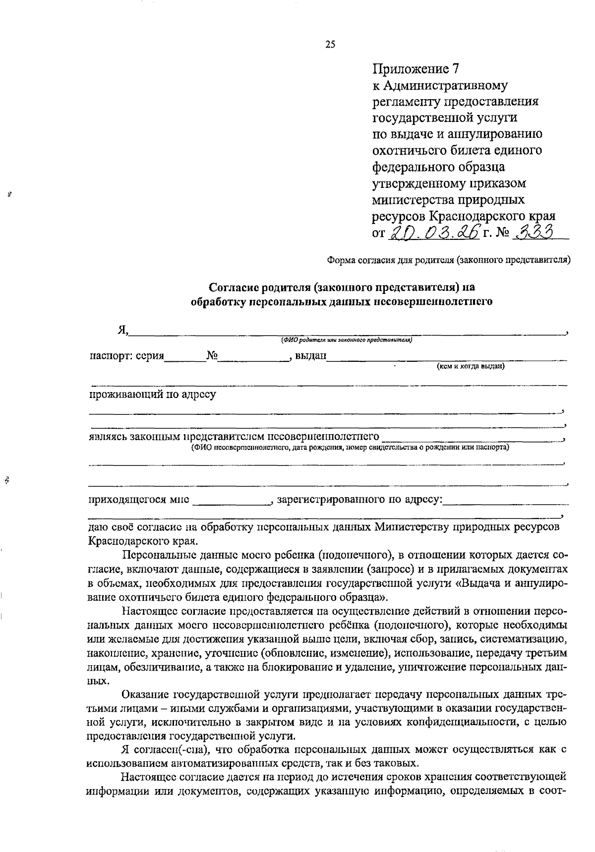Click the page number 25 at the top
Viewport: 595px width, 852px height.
click(x=330, y=44)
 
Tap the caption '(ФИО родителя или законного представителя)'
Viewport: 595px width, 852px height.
click(x=347, y=340)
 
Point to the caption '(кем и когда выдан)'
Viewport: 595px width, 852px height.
click(x=470, y=367)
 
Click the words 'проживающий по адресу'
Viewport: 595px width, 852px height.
click(x=152, y=395)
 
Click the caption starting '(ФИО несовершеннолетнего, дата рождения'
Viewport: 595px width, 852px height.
click(x=350, y=447)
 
